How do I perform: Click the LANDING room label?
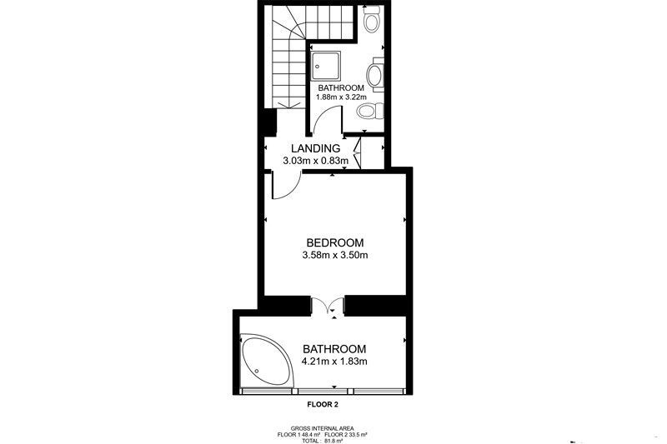(x=316, y=148)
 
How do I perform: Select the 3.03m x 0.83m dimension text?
(x=316, y=161)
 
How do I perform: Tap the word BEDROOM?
(x=335, y=243)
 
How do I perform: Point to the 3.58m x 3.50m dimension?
(x=335, y=256)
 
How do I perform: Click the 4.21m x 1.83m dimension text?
(x=334, y=362)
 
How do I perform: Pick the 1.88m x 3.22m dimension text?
(x=341, y=97)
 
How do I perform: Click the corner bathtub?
(x=267, y=361)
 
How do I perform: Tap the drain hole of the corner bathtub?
(x=257, y=371)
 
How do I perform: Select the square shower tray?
(x=325, y=66)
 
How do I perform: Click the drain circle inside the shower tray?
(x=318, y=67)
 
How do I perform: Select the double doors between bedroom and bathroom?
(x=327, y=306)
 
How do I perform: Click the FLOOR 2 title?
(x=323, y=405)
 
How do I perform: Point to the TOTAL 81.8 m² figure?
(x=322, y=441)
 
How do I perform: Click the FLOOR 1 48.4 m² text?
(x=298, y=435)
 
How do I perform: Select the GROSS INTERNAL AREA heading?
(x=322, y=429)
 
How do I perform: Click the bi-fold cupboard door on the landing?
(x=358, y=153)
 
